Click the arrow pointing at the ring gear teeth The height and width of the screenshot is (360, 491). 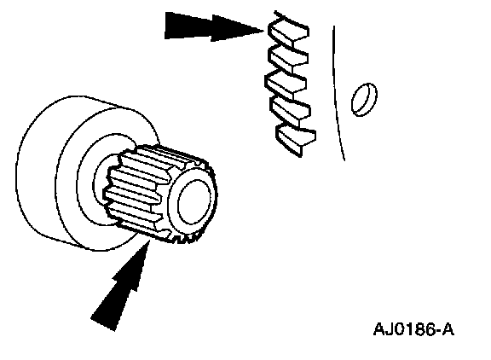click(x=213, y=27)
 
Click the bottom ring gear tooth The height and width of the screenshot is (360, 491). click(x=296, y=139)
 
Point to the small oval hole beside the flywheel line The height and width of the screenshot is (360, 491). click(x=364, y=99)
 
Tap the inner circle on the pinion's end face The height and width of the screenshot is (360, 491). click(x=194, y=202)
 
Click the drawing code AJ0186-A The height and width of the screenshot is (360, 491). click(x=413, y=329)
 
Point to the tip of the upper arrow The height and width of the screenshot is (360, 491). click(x=264, y=31)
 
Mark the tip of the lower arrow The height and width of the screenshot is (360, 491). click(x=149, y=240)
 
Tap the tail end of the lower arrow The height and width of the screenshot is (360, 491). click(x=102, y=324)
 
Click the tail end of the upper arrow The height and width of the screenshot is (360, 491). click(x=165, y=26)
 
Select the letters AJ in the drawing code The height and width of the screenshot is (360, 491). click(x=383, y=329)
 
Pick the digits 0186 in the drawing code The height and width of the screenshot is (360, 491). click(x=414, y=329)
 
